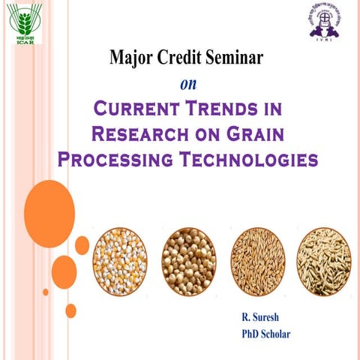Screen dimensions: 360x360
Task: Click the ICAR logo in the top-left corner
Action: [x=25, y=25]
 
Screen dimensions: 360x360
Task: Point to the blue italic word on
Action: [x=187, y=82]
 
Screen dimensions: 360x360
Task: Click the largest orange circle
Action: [x=49, y=214]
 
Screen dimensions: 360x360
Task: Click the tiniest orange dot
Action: [x=46, y=291]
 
